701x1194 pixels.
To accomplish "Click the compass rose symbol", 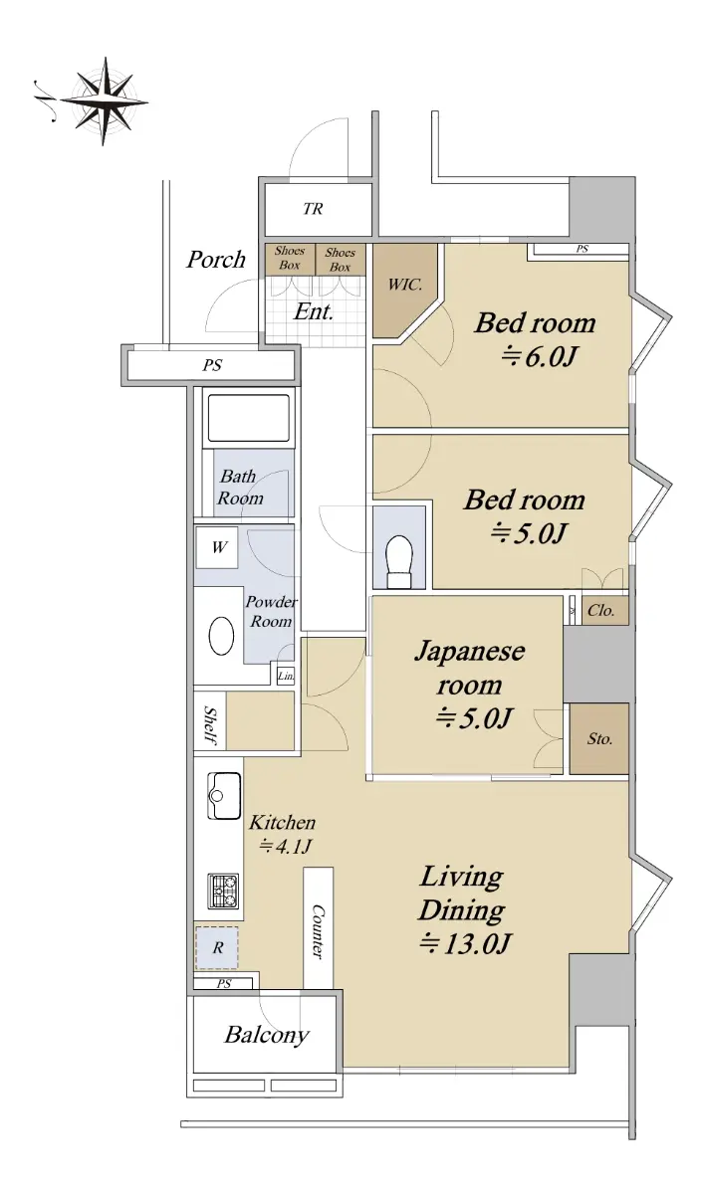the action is point(104,100).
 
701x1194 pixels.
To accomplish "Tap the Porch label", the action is point(216,260).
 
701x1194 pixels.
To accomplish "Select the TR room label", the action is point(313,209).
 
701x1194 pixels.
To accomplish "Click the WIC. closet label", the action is point(405,285).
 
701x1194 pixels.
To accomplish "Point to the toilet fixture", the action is point(399,561).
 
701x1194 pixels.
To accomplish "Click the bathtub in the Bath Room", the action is point(249,419).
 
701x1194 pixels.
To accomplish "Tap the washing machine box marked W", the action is point(217,547).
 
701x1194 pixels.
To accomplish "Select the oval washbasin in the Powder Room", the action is point(221,636).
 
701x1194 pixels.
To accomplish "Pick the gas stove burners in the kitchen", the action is point(223,892).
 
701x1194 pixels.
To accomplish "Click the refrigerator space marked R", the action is point(217,947).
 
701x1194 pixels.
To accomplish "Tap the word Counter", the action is point(318,932).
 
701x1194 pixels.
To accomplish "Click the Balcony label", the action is point(267,1035).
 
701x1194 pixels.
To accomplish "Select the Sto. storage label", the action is point(599,738).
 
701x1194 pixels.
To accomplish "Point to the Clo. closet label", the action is point(601,610).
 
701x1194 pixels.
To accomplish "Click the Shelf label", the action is point(210,725).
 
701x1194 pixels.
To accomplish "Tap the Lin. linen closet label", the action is point(286,677).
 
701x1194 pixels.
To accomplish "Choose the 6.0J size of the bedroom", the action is point(539,356).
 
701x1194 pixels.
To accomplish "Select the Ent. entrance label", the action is point(313,311).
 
